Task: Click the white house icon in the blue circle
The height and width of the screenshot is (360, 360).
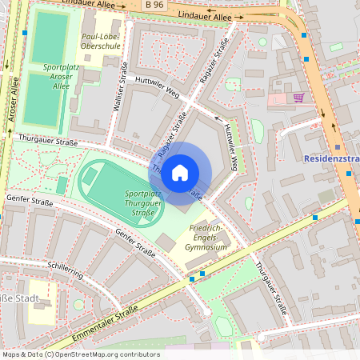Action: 180,172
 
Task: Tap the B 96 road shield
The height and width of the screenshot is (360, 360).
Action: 157,6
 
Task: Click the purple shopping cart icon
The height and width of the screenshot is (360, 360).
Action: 299,98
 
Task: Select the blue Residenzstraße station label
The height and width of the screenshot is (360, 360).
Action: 331,158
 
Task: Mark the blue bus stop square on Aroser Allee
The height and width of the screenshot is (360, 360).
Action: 26,33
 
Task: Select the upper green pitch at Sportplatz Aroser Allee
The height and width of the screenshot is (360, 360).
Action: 51,36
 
